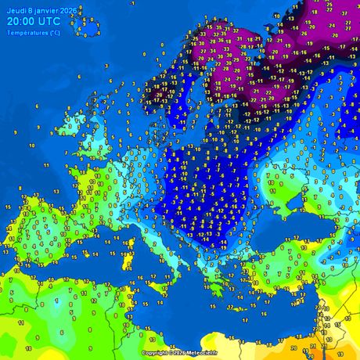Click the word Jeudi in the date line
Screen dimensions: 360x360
(16, 10)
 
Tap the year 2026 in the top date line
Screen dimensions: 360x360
(70, 10)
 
